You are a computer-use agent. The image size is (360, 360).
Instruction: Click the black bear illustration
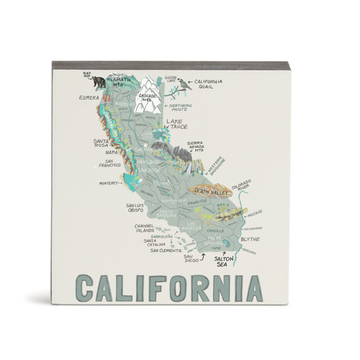99,83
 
